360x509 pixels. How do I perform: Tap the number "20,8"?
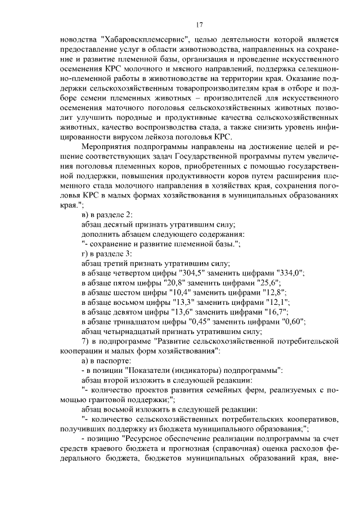(x=174, y=283)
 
